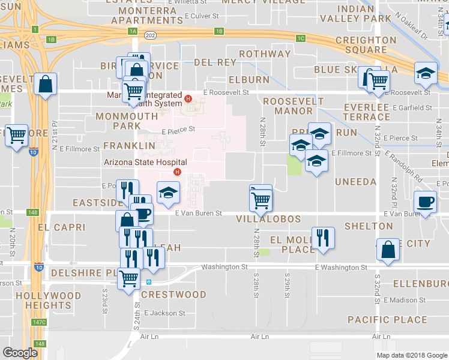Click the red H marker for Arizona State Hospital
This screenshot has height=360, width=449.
coord(177,173)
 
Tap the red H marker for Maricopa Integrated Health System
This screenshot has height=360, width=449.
coord(188,99)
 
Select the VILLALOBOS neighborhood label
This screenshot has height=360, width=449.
coord(268,219)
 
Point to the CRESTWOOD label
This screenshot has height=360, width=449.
coord(173,295)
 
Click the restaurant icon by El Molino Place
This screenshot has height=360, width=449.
coord(322,237)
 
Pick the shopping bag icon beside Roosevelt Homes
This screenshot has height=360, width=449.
coord(46,84)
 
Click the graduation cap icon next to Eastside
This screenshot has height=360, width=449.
coord(167,191)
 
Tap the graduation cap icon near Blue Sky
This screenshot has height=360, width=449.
coord(426,73)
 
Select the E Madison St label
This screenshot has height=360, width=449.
coord(405,299)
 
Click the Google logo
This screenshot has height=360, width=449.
coord(20,352)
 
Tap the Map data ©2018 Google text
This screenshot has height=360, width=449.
coord(411,355)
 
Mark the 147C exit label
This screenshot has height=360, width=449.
coord(40,322)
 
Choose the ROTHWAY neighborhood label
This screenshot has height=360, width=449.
coord(264,54)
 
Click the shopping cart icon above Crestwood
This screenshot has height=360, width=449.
coord(128,279)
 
